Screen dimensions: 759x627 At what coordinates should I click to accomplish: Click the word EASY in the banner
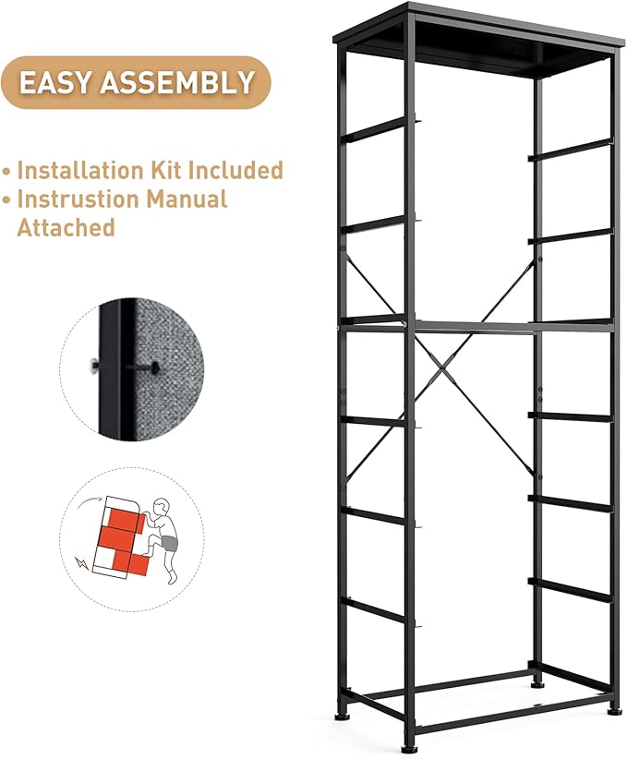click(x=56, y=82)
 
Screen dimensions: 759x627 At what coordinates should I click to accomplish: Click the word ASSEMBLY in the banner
click(x=176, y=82)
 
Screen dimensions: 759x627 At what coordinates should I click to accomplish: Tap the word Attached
click(x=66, y=226)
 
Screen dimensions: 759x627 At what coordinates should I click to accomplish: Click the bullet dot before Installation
click(x=7, y=172)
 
